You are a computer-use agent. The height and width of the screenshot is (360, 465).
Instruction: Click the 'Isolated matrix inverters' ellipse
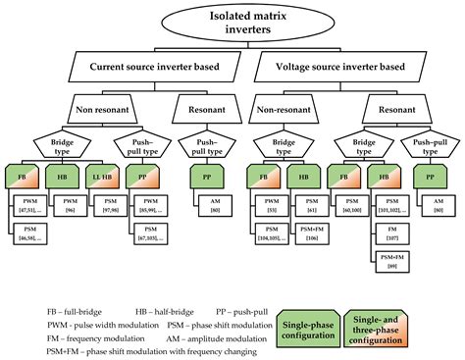pos(232,21)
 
